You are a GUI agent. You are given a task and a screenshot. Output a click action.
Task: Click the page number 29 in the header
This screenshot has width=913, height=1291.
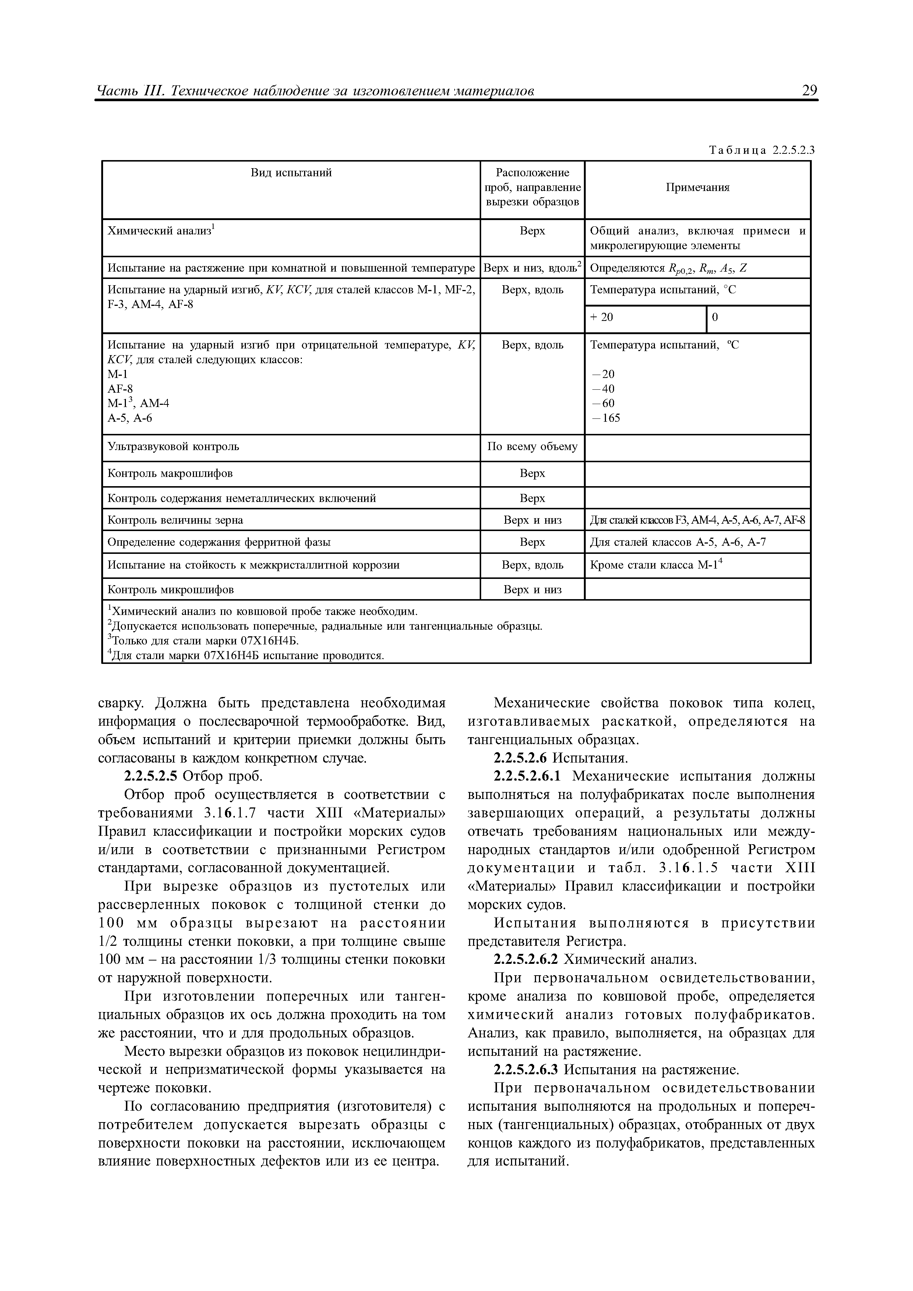tap(809, 91)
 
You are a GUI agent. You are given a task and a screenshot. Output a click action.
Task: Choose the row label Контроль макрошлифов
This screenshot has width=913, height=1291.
tap(170, 473)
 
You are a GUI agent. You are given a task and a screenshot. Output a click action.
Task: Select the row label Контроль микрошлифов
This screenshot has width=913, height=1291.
tap(170, 590)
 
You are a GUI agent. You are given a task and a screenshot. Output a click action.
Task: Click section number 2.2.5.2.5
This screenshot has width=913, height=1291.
tap(150, 777)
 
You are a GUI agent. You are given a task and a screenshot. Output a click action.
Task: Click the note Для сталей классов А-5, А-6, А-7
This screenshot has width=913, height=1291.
tap(677, 542)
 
